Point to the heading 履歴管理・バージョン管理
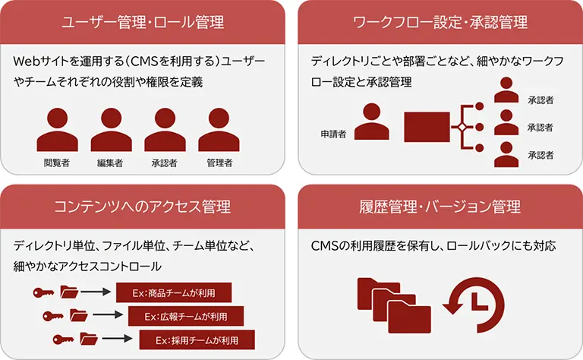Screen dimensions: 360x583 coord(440,206)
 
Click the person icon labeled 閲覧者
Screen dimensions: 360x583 coord(57,130)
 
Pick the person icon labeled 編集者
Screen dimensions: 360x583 coord(111,130)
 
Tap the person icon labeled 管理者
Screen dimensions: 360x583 coord(219,130)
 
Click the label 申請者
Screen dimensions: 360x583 coord(332,134)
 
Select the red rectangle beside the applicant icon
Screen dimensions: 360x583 coord(427,127)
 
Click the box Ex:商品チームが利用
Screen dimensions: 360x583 coord(173,292)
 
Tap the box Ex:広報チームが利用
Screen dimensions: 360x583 coord(187,315)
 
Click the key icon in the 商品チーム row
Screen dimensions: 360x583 coord(41,292)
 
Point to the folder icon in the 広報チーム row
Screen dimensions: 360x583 coord(79,314)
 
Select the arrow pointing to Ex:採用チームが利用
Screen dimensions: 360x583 coord(116,338)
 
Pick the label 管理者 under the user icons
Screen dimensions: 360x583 coord(219,163)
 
